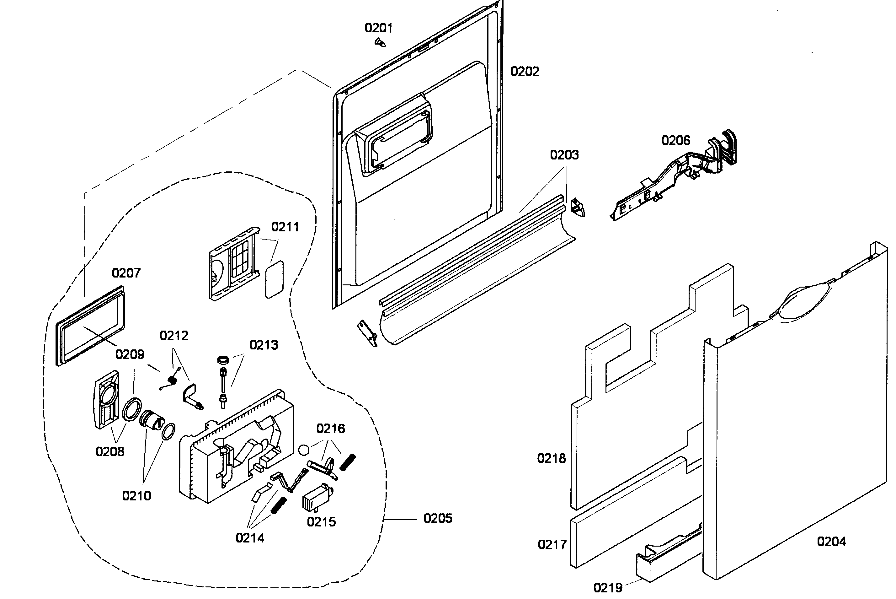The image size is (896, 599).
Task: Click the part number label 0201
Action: pyautogui.click(x=378, y=28)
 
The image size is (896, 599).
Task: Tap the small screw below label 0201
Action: pyautogui.click(x=380, y=42)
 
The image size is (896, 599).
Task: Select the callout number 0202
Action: pyautogui.click(x=525, y=72)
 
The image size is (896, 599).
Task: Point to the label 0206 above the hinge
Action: pyautogui.click(x=675, y=141)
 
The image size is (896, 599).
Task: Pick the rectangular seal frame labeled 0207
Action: pyautogui.click(x=90, y=326)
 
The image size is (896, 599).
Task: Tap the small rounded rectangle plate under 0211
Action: pyautogui.click(x=275, y=279)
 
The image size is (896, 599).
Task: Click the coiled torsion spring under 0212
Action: pyautogui.click(x=172, y=379)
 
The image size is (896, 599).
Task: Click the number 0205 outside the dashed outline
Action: pyautogui.click(x=438, y=518)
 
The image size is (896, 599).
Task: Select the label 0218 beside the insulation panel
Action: pyautogui.click(x=551, y=458)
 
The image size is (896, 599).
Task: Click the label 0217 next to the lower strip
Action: pyautogui.click(x=552, y=544)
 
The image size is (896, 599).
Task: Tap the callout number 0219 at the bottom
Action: pyautogui.click(x=607, y=587)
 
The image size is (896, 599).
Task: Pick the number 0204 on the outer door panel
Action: pyautogui.click(x=831, y=541)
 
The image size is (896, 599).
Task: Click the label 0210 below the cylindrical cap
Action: pyautogui.click(x=136, y=496)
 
